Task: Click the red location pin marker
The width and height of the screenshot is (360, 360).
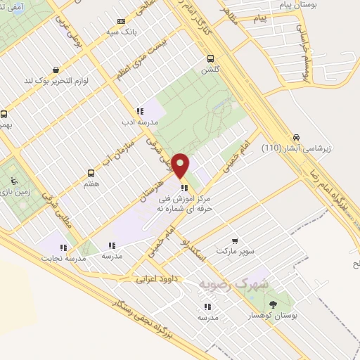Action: pos(181,166)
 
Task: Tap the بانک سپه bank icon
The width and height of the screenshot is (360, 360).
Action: pos(122,21)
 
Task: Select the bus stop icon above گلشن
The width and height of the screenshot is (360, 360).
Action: pos(210,60)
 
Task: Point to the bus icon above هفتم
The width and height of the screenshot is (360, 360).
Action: pos(91,173)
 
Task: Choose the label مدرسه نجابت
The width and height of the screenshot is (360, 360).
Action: pos(65,257)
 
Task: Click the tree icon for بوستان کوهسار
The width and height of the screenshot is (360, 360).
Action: pos(274,303)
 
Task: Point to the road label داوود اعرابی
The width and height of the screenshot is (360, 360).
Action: pos(160,279)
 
